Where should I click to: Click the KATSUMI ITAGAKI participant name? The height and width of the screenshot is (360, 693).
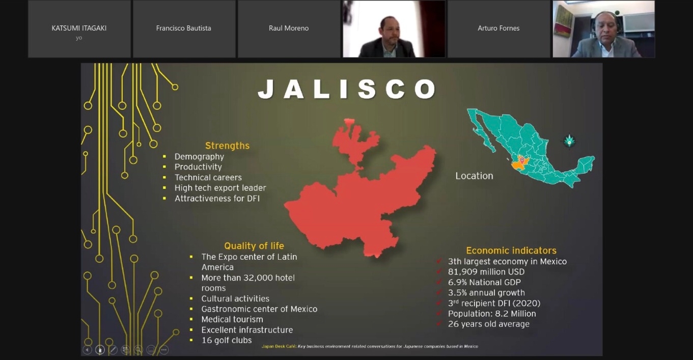coord(79,28)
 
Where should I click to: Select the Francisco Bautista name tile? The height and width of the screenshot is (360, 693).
coord(184,29)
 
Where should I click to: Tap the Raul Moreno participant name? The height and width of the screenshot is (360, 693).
coord(289,28)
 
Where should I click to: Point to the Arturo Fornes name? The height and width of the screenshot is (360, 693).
coord(498,28)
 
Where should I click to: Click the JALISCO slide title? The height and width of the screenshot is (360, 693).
coord(347,89)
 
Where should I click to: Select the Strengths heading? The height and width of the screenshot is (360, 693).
coord(228,146)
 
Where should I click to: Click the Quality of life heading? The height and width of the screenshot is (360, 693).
coord(254,246)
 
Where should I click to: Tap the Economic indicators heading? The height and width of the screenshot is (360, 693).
coord(511,251)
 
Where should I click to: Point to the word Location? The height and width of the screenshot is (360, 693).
coord(474,176)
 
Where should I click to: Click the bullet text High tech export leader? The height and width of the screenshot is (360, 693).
coord(220,188)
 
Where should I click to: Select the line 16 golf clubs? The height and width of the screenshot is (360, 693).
coord(227,340)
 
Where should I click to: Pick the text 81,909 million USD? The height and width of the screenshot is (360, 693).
coord(486,272)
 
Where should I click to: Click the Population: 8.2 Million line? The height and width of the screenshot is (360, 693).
coord(492,314)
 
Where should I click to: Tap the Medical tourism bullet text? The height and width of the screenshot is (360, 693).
coord(232,319)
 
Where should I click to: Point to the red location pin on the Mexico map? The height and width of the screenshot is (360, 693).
coord(522,160)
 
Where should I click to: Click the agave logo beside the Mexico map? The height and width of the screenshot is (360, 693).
coord(569,141)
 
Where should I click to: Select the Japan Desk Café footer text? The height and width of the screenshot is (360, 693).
coord(370,346)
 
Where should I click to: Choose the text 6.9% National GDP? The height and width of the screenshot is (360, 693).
coord(484,283)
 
